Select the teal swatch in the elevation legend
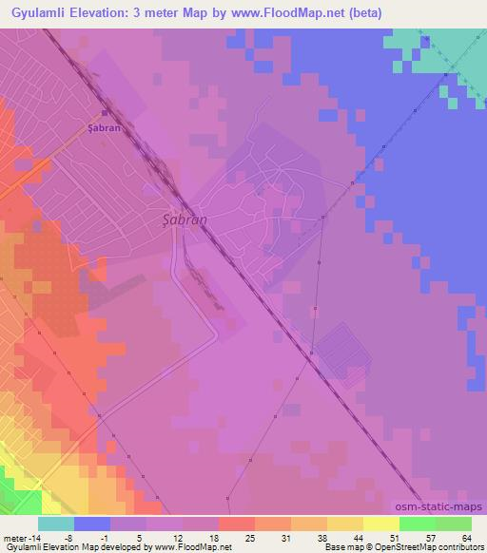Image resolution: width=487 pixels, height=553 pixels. [56, 524]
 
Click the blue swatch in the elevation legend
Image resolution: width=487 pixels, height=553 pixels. [92, 524]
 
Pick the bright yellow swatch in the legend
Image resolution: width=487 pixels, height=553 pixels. [381, 524]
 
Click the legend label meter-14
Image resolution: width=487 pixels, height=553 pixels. [20, 537]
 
